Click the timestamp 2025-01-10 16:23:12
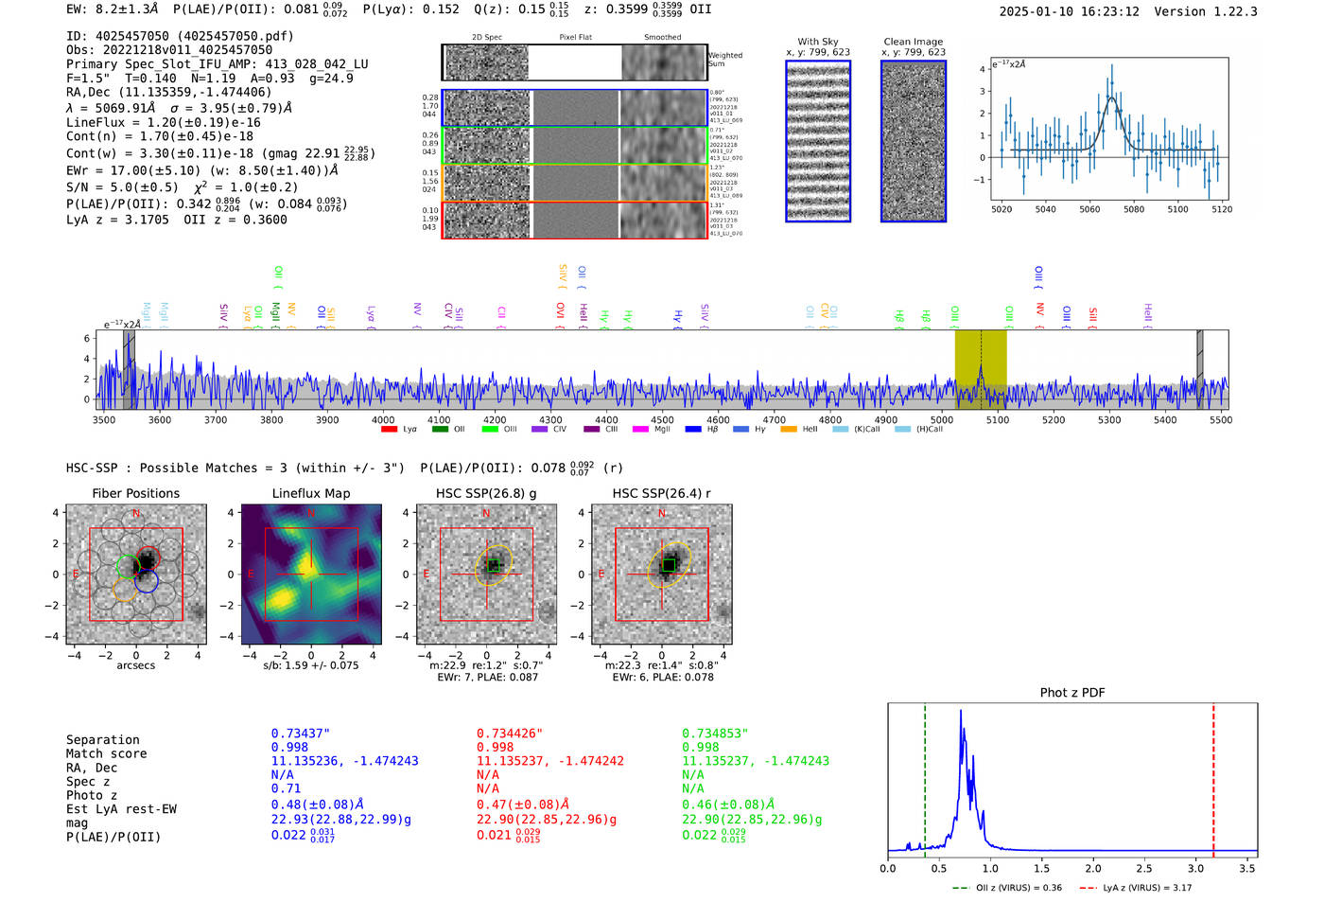click(1069, 11)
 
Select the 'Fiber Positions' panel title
click(135, 493)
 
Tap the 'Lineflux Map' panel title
click(310, 493)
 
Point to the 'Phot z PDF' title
click(1072, 692)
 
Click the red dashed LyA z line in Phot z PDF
click(1213, 776)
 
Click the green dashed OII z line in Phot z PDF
click(925, 776)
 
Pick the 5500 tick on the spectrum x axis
click(1220, 419)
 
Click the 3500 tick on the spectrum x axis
click(104, 419)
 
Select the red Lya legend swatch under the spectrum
click(389, 429)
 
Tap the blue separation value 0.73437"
click(301, 734)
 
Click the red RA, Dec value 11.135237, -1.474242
click(550, 761)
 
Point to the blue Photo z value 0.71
click(286, 788)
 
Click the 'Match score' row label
click(106, 753)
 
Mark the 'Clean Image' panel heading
click(913, 42)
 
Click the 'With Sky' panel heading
click(817, 42)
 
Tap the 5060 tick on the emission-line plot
click(1089, 209)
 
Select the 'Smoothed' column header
click(662, 37)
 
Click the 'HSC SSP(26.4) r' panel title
click(661, 493)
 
